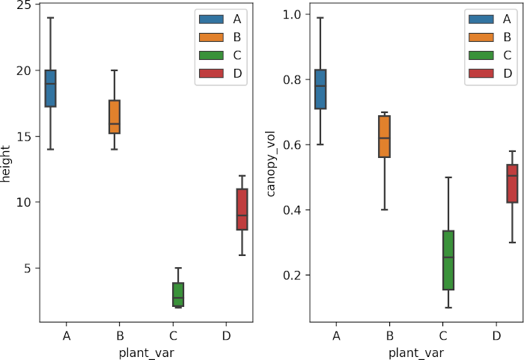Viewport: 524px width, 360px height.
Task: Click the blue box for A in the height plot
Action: [x=50, y=88]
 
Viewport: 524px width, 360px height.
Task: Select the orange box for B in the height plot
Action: [x=114, y=117]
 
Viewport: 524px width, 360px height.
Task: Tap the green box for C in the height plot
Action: [x=178, y=295]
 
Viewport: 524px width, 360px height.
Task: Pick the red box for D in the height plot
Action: [x=242, y=210]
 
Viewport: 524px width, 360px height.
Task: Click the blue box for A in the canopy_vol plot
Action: [x=320, y=89]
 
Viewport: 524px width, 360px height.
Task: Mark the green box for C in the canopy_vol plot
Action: [x=448, y=260]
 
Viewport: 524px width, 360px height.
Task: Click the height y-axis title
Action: [x=8, y=166]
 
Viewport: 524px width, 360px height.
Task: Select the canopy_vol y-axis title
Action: [x=273, y=166]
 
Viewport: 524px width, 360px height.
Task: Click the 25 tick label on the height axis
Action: [x=25, y=5]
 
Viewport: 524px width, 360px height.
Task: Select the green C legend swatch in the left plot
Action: [x=207, y=55]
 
